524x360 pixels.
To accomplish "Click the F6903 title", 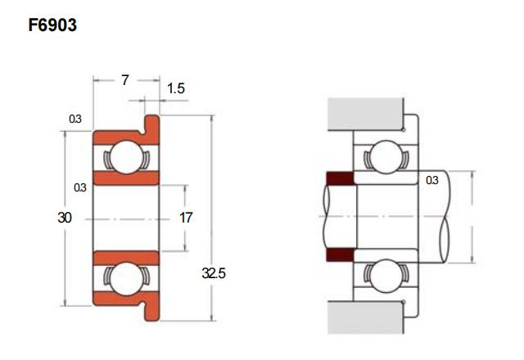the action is click(x=52, y=25).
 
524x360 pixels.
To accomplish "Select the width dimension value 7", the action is click(x=125, y=80).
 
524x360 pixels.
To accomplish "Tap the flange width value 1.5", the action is click(x=176, y=88).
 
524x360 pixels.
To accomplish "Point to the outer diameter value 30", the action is click(x=65, y=218).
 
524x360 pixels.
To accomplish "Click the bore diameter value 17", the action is click(x=186, y=218).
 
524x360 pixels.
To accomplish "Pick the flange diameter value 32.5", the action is click(x=214, y=273).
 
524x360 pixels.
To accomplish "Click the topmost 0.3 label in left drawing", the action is click(x=75, y=119).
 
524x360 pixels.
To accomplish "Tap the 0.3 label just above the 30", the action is click(x=80, y=187).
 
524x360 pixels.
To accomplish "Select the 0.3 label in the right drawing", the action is click(x=432, y=180).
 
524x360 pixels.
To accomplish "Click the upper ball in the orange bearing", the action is click(x=127, y=157).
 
